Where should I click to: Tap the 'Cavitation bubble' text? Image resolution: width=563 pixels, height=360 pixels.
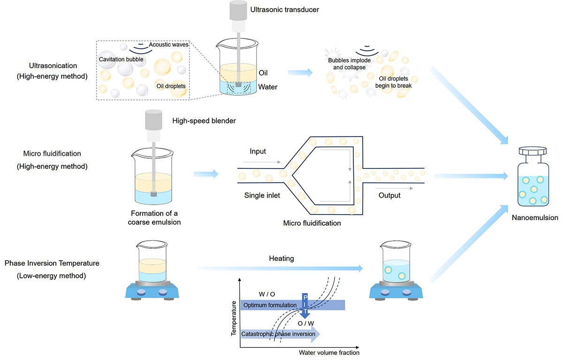(121, 60)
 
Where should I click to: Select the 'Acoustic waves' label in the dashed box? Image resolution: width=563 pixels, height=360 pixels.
(169, 45)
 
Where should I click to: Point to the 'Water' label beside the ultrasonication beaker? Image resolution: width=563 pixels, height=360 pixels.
(269, 87)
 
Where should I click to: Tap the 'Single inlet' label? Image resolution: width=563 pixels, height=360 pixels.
(262, 195)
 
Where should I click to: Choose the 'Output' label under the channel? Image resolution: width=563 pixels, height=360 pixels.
(389, 195)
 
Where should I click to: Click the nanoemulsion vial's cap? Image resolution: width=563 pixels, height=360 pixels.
(533, 152)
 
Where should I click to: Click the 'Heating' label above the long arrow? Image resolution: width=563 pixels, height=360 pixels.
(281, 259)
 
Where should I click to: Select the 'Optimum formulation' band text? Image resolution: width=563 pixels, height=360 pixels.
(270, 305)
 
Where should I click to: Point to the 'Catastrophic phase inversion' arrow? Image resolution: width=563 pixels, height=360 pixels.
(279, 334)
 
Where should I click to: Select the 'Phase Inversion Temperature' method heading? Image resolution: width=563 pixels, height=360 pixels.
(52, 263)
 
